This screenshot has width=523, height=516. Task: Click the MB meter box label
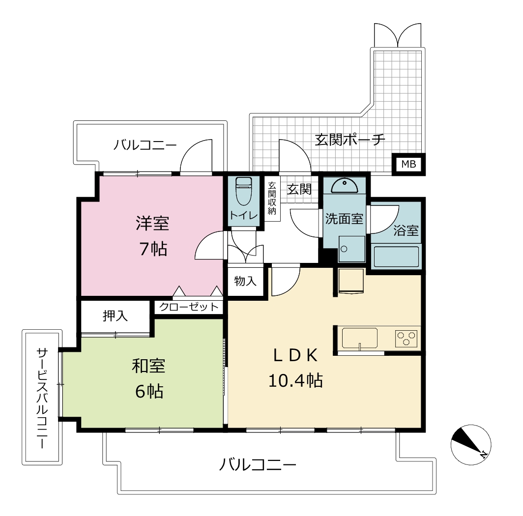click(x=408, y=164)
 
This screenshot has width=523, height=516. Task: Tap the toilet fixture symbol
click(x=243, y=191)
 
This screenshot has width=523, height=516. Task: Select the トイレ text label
click(x=243, y=215)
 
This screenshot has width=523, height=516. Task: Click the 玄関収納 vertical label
click(x=272, y=198)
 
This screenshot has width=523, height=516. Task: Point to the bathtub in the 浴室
click(x=396, y=257)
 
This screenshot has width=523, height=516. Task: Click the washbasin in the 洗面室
click(x=345, y=186)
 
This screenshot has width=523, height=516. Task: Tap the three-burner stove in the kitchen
click(x=406, y=338)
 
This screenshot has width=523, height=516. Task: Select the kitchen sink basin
click(x=360, y=338)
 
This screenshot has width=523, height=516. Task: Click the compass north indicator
click(x=470, y=445)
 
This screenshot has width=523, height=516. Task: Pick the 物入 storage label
click(x=245, y=281)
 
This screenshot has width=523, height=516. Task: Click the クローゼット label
click(x=188, y=307)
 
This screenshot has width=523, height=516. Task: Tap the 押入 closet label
click(x=115, y=315)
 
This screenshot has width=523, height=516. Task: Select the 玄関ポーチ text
click(x=350, y=140)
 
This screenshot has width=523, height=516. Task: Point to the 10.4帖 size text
click(x=295, y=380)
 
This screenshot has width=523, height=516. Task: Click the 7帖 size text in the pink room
click(x=153, y=249)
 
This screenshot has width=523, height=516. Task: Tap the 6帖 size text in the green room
click(x=149, y=391)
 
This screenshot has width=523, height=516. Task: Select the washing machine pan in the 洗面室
click(x=352, y=249)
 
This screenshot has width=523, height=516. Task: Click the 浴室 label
click(x=406, y=230)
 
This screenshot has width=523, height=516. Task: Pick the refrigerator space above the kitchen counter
click(x=351, y=281)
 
